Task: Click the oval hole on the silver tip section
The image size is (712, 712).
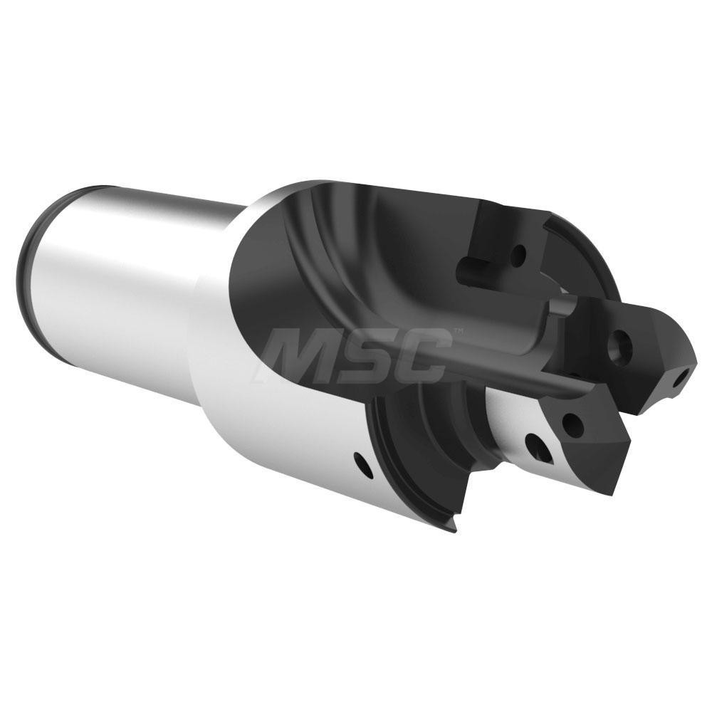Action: pyautogui.click(x=538, y=447)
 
